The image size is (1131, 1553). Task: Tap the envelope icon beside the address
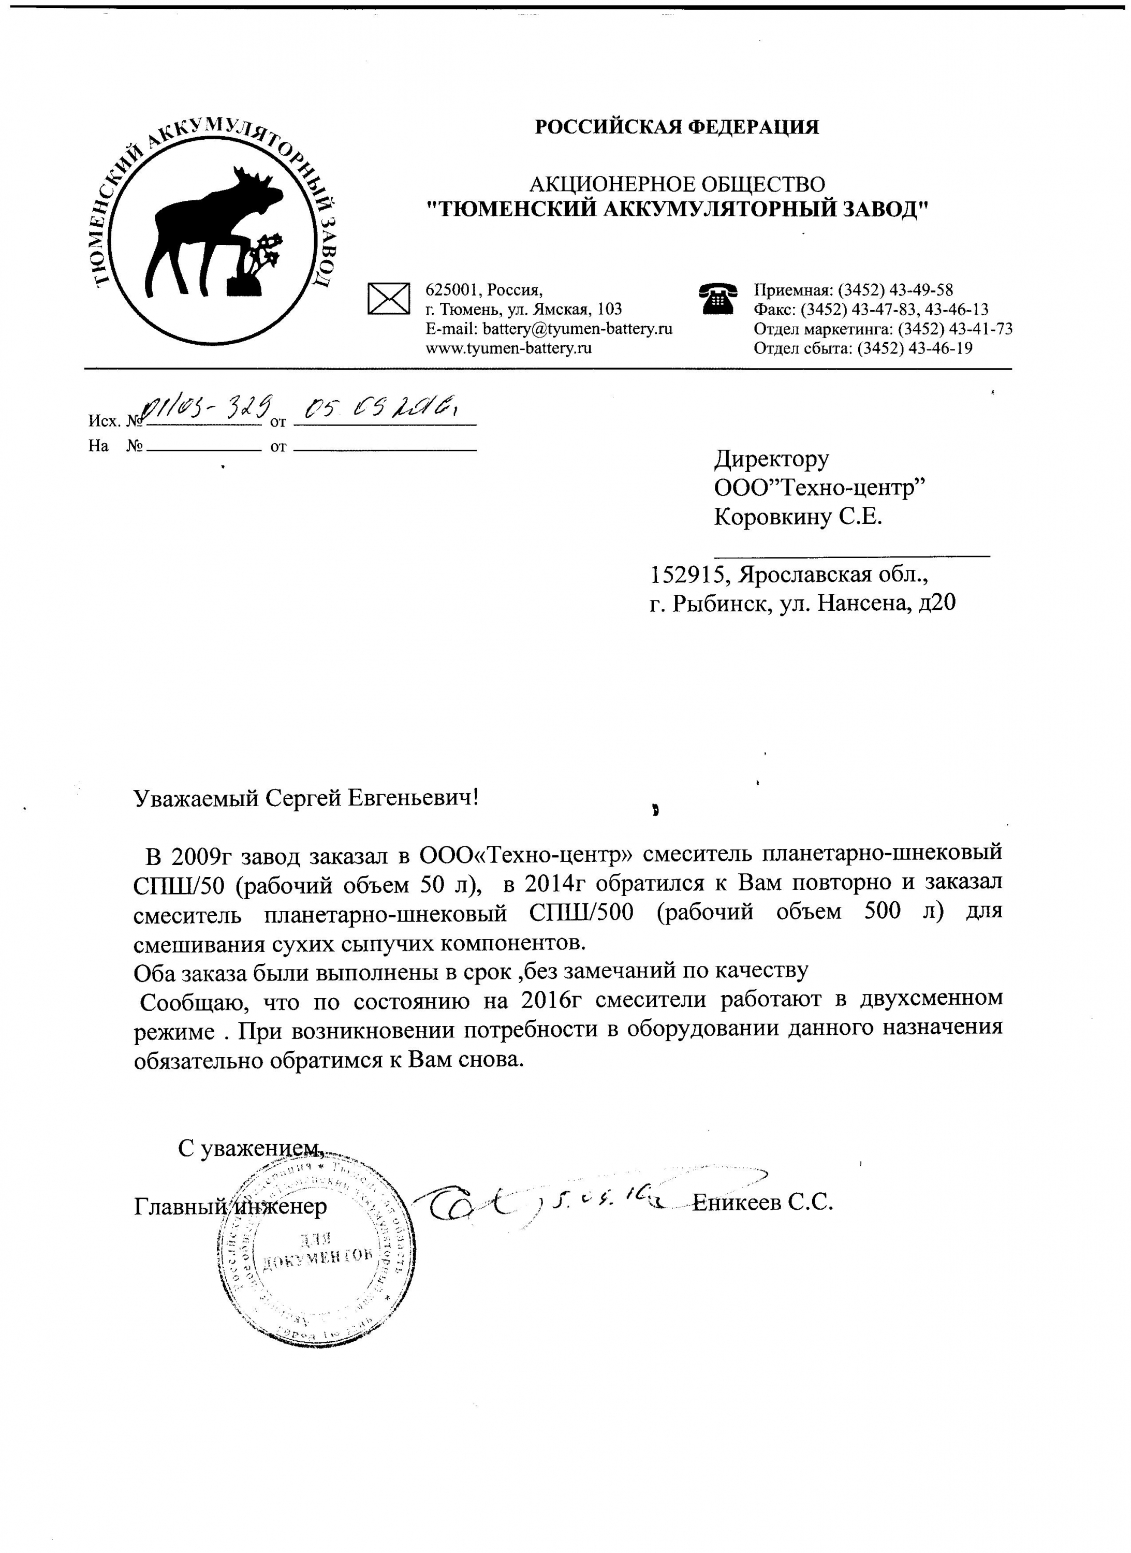388,299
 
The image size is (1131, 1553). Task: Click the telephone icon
717,299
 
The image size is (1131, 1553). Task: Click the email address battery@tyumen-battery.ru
577,329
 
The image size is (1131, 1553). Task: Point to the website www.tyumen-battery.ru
508,348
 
